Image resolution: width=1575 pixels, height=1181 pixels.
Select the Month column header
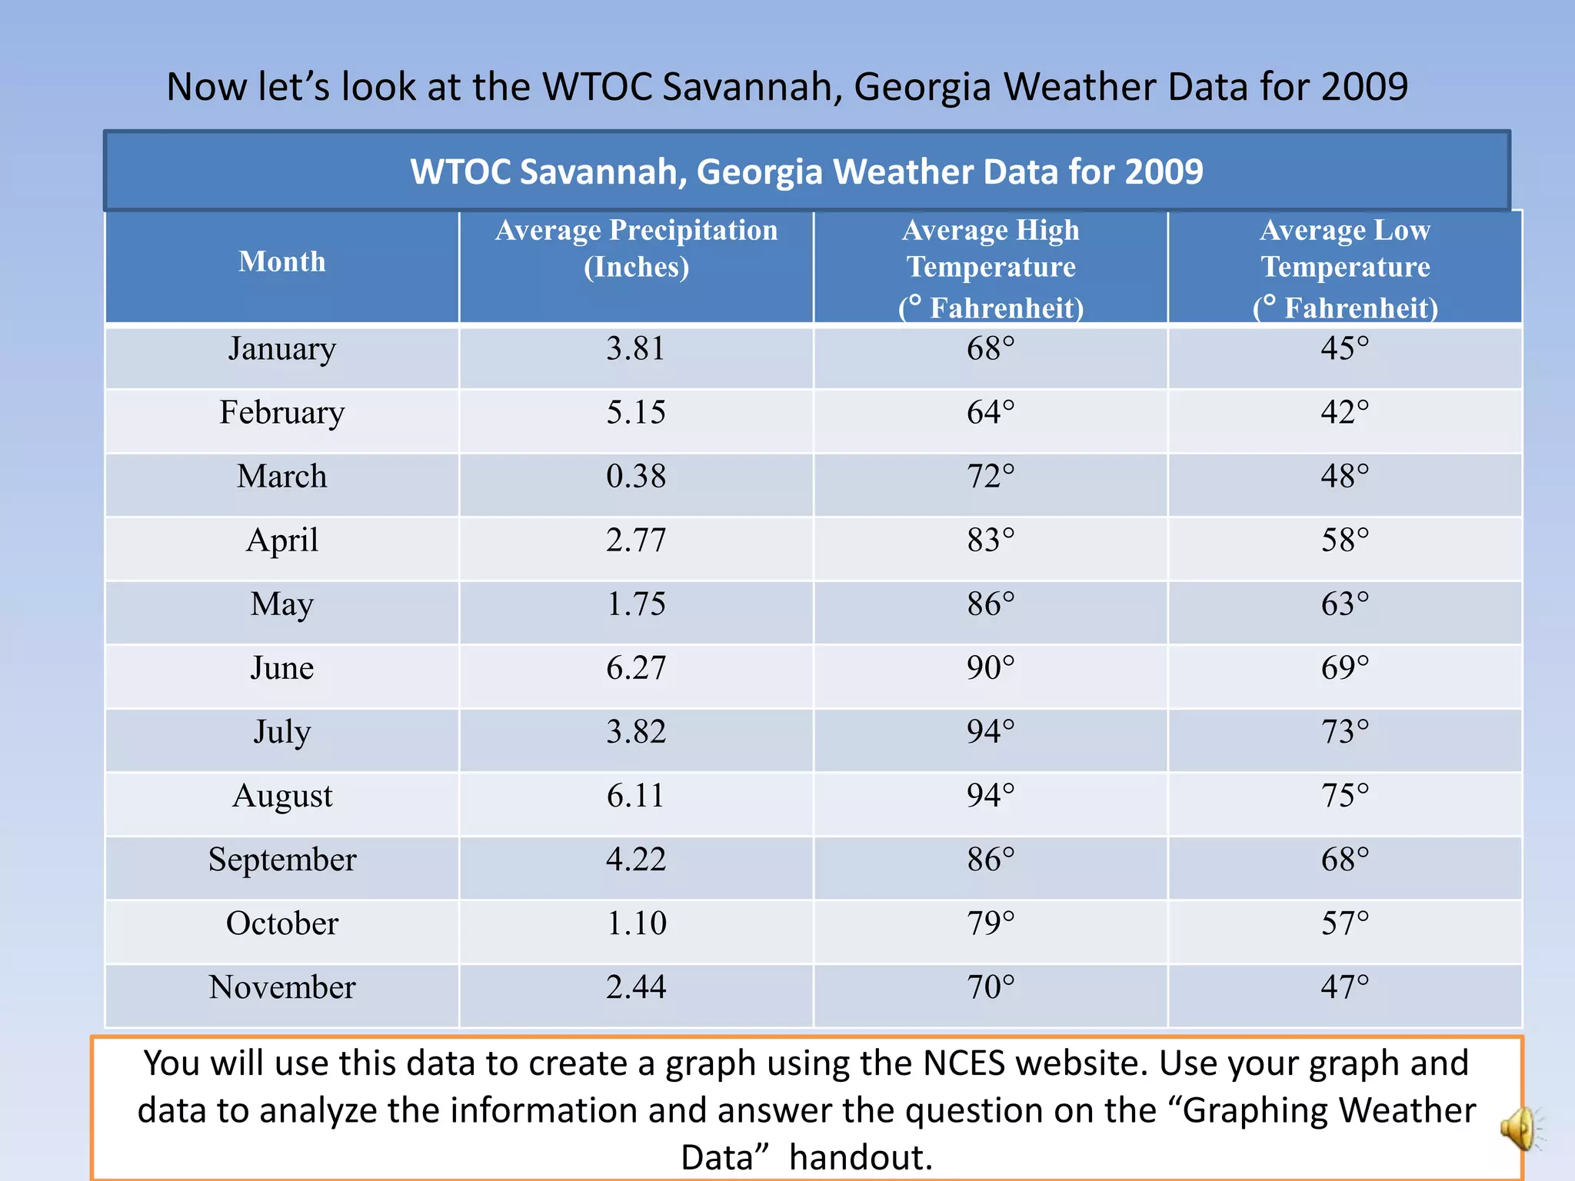tap(281, 261)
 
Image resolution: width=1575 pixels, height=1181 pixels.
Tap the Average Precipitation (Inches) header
tap(636, 248)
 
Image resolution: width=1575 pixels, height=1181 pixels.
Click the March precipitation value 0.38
tap(636, 476)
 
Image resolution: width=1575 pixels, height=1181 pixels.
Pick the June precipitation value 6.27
tap(636, 667)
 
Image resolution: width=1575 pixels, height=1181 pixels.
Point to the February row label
tap(281, 412)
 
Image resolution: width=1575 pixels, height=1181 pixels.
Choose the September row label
tap(281, 859)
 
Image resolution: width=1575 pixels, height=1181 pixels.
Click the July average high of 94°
tap(991, 731)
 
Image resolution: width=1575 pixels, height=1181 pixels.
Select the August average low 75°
tap(1344, 795)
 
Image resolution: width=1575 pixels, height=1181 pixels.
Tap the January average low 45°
tap(1344, 348)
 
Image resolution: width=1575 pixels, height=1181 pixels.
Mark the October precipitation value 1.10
tap(636, 923)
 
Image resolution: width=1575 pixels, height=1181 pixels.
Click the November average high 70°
tap(991, 986)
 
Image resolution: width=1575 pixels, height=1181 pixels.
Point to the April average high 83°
tap(991, 540)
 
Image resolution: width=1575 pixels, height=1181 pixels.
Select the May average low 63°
tap(1344, 604)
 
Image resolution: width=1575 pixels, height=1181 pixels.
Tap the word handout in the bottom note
tap(861, 1157)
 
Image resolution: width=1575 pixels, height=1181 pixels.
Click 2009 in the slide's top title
tap(1364, 86)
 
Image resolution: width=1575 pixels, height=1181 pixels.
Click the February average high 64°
tap(991, 412)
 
